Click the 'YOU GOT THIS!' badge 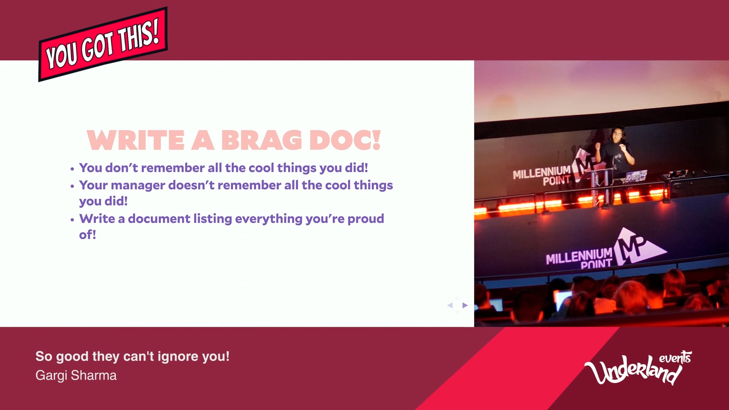point(103,44)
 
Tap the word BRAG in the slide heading point(262,140)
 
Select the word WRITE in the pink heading point(136,140)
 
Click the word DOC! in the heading point(345,140)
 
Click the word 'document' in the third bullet point(159,219)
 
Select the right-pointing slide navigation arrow point(465,305)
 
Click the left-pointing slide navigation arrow point(450,305)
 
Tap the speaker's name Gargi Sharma point(76,375)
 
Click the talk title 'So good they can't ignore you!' point(133,356)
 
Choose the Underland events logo point(638,367)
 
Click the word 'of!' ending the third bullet point(87,235)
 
